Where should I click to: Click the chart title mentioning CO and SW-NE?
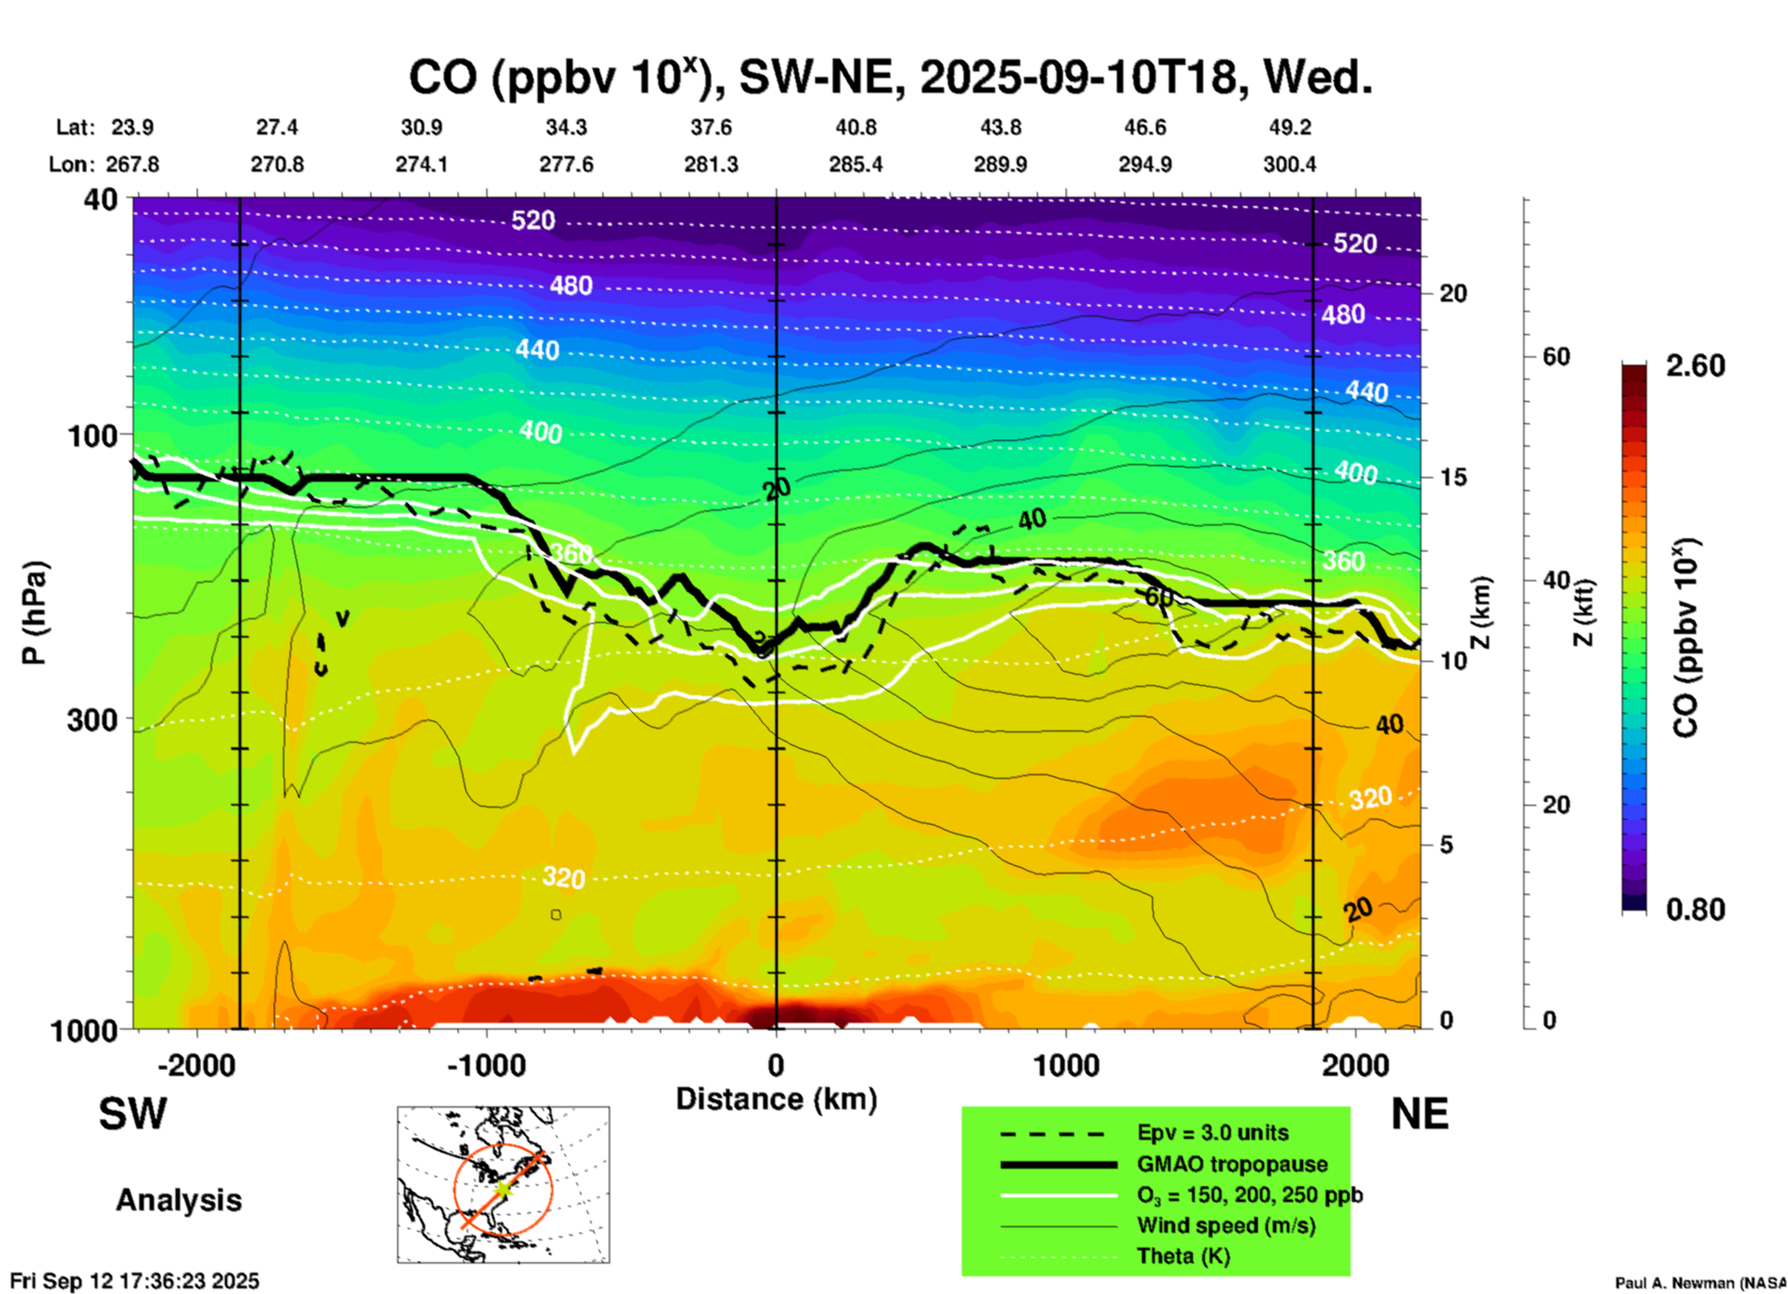(x=890, y=78)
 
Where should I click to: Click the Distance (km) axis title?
(x=776, y=1099)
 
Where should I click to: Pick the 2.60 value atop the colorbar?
(x=1695, y=366)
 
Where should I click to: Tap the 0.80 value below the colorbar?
(x=1695, y=909)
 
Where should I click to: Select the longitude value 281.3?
(x=711, y=164)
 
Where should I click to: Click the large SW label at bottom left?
(x=133, y=1114)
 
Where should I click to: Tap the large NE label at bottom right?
(x=1419, y=1114)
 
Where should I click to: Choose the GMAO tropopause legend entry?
(x=1232, y=1164)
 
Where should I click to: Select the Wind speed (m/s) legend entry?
(x=1225, y=1225)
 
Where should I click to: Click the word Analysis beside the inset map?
(x=178, y=1200)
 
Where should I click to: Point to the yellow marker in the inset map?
(x=502, y=1189)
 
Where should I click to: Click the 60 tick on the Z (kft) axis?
(x=1556, y=356)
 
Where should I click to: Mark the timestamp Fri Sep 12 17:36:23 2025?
(x=136, y=1281)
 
